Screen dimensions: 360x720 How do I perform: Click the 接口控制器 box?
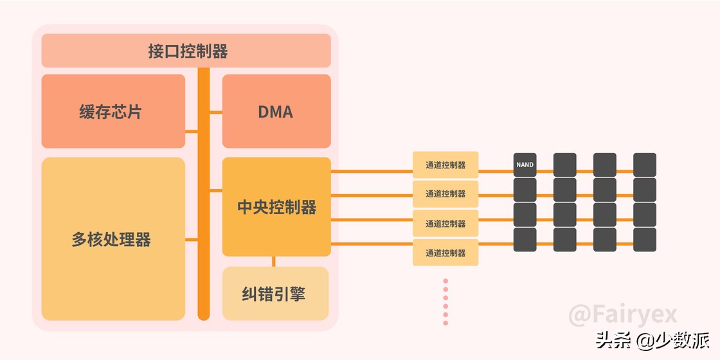point(186,51)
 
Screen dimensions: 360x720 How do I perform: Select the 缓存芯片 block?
point(113,111)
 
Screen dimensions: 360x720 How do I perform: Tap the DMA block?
point(276,111)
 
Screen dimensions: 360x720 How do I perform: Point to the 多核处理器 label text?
point(111,240)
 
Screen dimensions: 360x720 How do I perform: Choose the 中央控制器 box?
point(276,207)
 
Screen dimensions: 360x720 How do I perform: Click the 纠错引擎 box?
point(275,294)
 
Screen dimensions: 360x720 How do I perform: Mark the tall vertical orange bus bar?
point(204,193)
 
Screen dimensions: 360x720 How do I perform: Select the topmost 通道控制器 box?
point(446,165)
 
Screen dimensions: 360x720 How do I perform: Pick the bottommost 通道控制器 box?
point(446,253)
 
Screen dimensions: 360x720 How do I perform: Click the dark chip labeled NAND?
point(525,165)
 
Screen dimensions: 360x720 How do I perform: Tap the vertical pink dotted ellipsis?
point(446,301)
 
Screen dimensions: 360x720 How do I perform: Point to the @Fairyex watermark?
point(623,315)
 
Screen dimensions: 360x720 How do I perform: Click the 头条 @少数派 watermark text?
point(652,339)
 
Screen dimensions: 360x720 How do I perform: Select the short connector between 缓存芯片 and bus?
point(192,131)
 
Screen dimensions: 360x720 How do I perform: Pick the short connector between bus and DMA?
point(216,112)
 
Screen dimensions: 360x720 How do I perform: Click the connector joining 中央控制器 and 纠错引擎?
point(274,261)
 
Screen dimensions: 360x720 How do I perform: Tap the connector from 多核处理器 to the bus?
point(192,240)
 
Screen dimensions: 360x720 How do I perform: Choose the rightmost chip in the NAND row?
point(645,165)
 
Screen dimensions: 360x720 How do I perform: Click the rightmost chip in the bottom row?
point(645,240)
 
